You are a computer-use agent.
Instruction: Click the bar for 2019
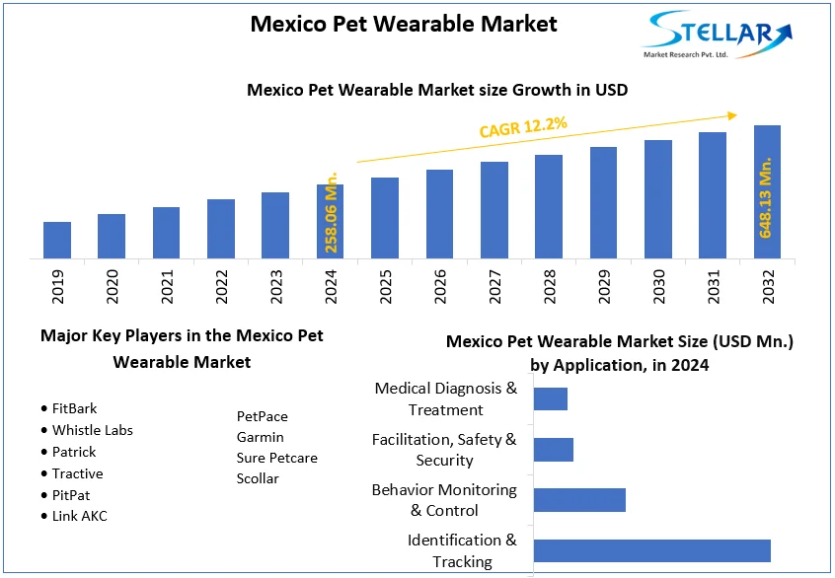(57, 241)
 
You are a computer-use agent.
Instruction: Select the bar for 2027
(494, 210)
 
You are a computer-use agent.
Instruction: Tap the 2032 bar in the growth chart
(767, 192)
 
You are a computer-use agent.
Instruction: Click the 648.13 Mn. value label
(766, 197)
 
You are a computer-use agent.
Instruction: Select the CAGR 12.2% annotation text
(523, 126)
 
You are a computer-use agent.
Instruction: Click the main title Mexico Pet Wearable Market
(403, 24)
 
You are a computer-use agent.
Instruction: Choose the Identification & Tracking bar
(651, 550)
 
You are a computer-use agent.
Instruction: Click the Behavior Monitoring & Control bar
(579, 500)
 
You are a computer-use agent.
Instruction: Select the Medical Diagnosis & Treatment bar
(551, 398)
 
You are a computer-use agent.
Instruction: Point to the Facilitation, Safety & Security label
(444, 450)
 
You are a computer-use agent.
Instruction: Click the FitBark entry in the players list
(74, 408)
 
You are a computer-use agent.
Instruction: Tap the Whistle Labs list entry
(92, 430)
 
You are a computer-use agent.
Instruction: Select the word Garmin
(260, 437)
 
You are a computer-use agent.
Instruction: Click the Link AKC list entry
(79, 517)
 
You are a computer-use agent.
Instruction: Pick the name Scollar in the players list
(258, 478)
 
